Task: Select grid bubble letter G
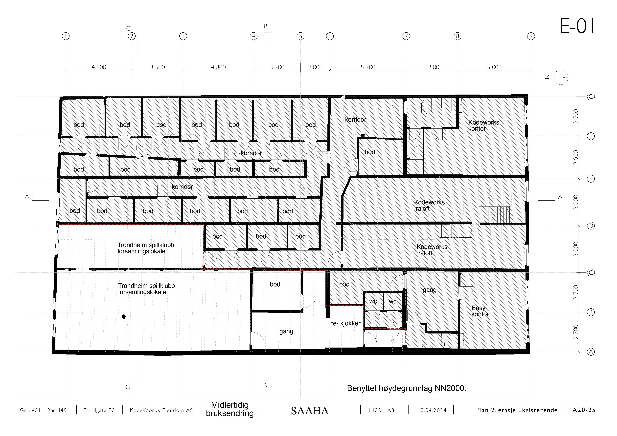[591, 97]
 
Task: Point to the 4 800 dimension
[218, 67]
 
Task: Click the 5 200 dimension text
[368, 67]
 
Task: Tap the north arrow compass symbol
[561, 77]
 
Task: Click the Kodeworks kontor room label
[483, 125]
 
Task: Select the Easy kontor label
[480, 311]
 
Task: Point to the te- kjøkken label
[346, 323]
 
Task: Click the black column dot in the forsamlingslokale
[124, 317]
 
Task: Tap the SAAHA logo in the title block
[310, 411]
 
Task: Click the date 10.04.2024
[432, 410]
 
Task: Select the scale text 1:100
[375, 410]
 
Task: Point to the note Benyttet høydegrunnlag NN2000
[407, 388]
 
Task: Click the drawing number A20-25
[584, 410]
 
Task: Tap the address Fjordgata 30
[99, 410]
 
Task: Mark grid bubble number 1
[66, 36]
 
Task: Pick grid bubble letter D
[591, 226]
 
